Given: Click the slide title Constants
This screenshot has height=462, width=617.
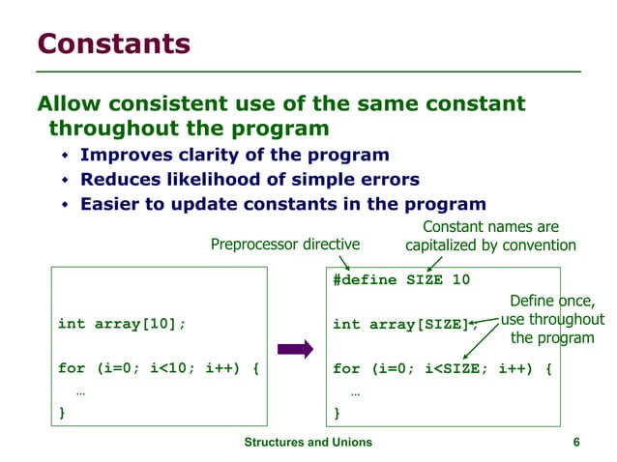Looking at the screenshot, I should pos(113,43).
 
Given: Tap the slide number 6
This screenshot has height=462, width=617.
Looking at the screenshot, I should pos(576,442).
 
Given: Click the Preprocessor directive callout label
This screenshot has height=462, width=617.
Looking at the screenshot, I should pos(284,245).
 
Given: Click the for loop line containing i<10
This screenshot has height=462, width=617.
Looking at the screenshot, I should pos(157,368).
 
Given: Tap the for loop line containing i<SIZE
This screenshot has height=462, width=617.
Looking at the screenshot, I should pos(442,368).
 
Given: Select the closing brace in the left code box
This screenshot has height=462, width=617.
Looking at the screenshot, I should pos(63,413).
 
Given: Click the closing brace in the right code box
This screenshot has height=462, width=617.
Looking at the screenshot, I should pos(338,413).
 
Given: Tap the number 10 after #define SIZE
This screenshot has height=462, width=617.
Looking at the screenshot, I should pos(460,279).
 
